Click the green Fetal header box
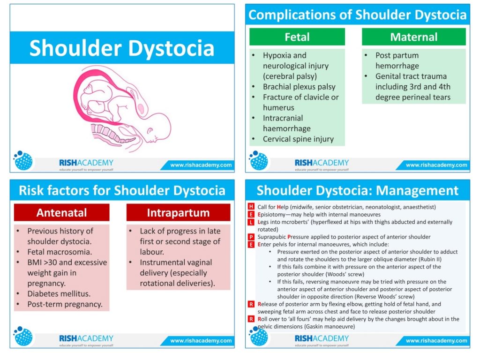pos(297,37)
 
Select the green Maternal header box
pos(413,37)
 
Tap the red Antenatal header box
pos(61,212)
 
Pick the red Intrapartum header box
pos(178,212)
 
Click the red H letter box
pos(251,207)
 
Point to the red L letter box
pos(251,222)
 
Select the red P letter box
pos(251,237)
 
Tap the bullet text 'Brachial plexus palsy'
pos(299,87)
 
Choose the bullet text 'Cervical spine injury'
pos(298,139)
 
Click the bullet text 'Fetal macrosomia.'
pos(60,252)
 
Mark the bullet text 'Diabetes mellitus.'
pos(59,294)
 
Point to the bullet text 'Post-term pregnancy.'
pos(65,304)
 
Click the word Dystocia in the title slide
pos(171,48)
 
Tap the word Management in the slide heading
pos(417,190)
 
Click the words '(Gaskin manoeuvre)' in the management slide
pos(330,327)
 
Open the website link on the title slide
pos(201,165)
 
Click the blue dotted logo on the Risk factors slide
pos(23,336)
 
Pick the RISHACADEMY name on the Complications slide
pos(322,163)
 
